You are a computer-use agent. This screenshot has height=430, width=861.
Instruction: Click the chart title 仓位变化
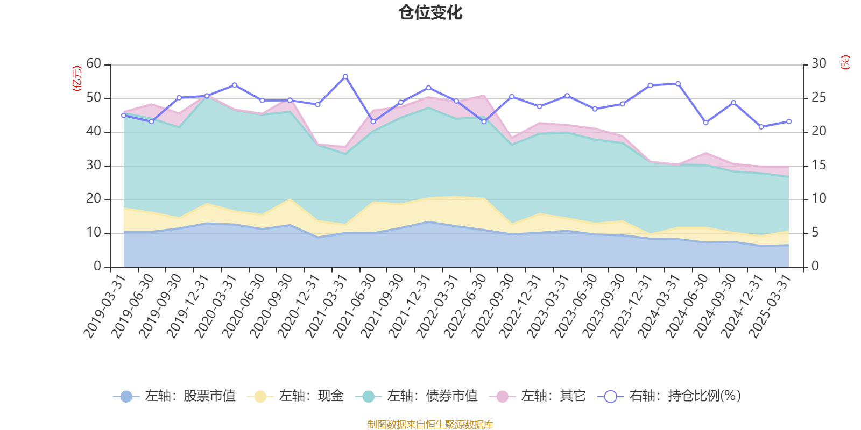click(x=430, y=12)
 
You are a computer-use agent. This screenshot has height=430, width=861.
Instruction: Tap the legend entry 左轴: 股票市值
click(x=175, y=396)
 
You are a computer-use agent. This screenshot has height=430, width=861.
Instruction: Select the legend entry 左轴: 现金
click(x=295, y=396)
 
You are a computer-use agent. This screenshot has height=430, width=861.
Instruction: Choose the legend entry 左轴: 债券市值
click(x=417, y=396)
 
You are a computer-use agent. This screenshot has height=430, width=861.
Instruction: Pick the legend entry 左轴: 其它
click(x=538, y=396)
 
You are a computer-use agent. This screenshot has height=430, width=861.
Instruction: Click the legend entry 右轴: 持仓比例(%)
click(x=669, y=396)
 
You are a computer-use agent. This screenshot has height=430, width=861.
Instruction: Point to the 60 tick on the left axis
click(x=94, y=64)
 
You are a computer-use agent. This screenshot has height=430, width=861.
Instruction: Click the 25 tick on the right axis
click(x=818, y=98)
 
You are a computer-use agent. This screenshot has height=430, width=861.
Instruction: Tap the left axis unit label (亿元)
click(x=77, y=78)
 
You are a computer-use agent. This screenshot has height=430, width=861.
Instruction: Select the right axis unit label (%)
click(x=845, y=62)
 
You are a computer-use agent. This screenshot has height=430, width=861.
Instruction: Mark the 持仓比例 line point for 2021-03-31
click(x=345, y=76)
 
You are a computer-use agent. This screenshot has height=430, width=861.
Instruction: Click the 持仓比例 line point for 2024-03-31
click(x=678, y=83)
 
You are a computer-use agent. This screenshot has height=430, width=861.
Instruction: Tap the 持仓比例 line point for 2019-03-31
click(x=124, y=115)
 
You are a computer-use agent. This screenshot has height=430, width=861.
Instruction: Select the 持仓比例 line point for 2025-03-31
click(x=789, y=121)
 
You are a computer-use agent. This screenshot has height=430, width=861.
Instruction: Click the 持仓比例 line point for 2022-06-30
click(x=484, y=121)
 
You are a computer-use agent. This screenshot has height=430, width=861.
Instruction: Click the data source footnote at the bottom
click(x=430, y=425)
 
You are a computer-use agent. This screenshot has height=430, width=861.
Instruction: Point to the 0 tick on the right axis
click(x=815, y=266)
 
